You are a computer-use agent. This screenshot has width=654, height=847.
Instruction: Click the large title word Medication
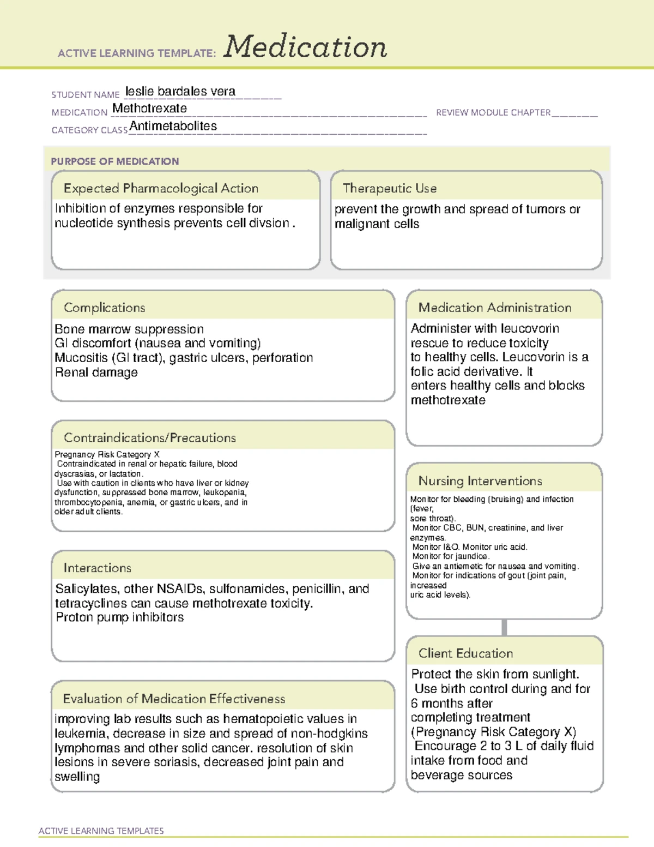pos(305,47)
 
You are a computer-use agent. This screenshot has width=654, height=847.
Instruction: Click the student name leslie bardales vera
pos(180,92)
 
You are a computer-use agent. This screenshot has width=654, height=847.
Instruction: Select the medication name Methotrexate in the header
pos(149,109)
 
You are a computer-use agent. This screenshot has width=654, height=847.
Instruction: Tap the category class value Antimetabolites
pos(173,127)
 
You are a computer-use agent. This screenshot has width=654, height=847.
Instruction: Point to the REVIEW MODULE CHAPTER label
pos(493,112)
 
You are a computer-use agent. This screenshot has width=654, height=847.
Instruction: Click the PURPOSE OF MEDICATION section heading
pos(114,161)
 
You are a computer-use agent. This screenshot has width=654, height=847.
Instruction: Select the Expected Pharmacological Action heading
pos(161,188)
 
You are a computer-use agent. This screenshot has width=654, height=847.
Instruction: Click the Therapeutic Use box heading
pos(389,188)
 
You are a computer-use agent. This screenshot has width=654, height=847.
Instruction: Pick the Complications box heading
pos(104,308)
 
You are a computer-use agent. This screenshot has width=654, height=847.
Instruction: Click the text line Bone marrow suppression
pos(129,329)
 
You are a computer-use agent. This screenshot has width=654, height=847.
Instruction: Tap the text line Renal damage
pos(96,373)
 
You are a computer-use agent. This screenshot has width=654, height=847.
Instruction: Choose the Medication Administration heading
pos(494,308)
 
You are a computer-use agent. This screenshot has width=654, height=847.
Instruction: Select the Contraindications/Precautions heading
pos(149,438)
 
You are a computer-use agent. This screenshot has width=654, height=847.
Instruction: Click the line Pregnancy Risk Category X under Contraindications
pos(107,454)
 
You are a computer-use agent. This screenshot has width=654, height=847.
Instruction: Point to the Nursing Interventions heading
pos(480,481)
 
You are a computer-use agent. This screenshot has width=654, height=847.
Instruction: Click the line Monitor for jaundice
pos(451,556)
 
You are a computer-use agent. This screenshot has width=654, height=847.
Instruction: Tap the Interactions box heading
pos(97,568)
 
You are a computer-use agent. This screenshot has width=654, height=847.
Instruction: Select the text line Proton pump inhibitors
pos(120,617)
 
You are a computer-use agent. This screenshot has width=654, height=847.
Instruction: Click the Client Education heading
pos(465,653)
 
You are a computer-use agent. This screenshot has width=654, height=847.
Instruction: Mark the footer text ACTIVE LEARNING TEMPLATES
pos(101,831)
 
